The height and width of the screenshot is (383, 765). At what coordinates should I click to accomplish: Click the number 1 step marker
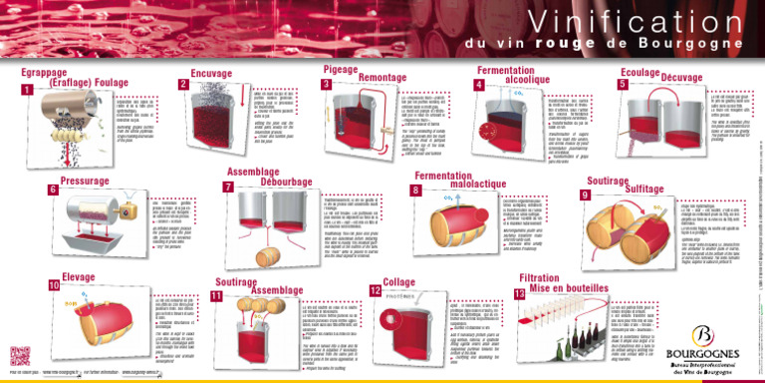pyautogui.click(x=27, y=92)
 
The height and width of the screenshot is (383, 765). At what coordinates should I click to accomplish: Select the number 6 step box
pyautogui.click(x=53, y=190)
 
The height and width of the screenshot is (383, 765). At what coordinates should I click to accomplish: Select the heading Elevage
pyautogui.click(x=79, y=275)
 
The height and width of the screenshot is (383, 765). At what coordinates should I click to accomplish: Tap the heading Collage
pyautogui.click(x=399, y=283)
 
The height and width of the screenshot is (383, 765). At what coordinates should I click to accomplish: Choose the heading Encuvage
pyautogui.click(x=211, y=75)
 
